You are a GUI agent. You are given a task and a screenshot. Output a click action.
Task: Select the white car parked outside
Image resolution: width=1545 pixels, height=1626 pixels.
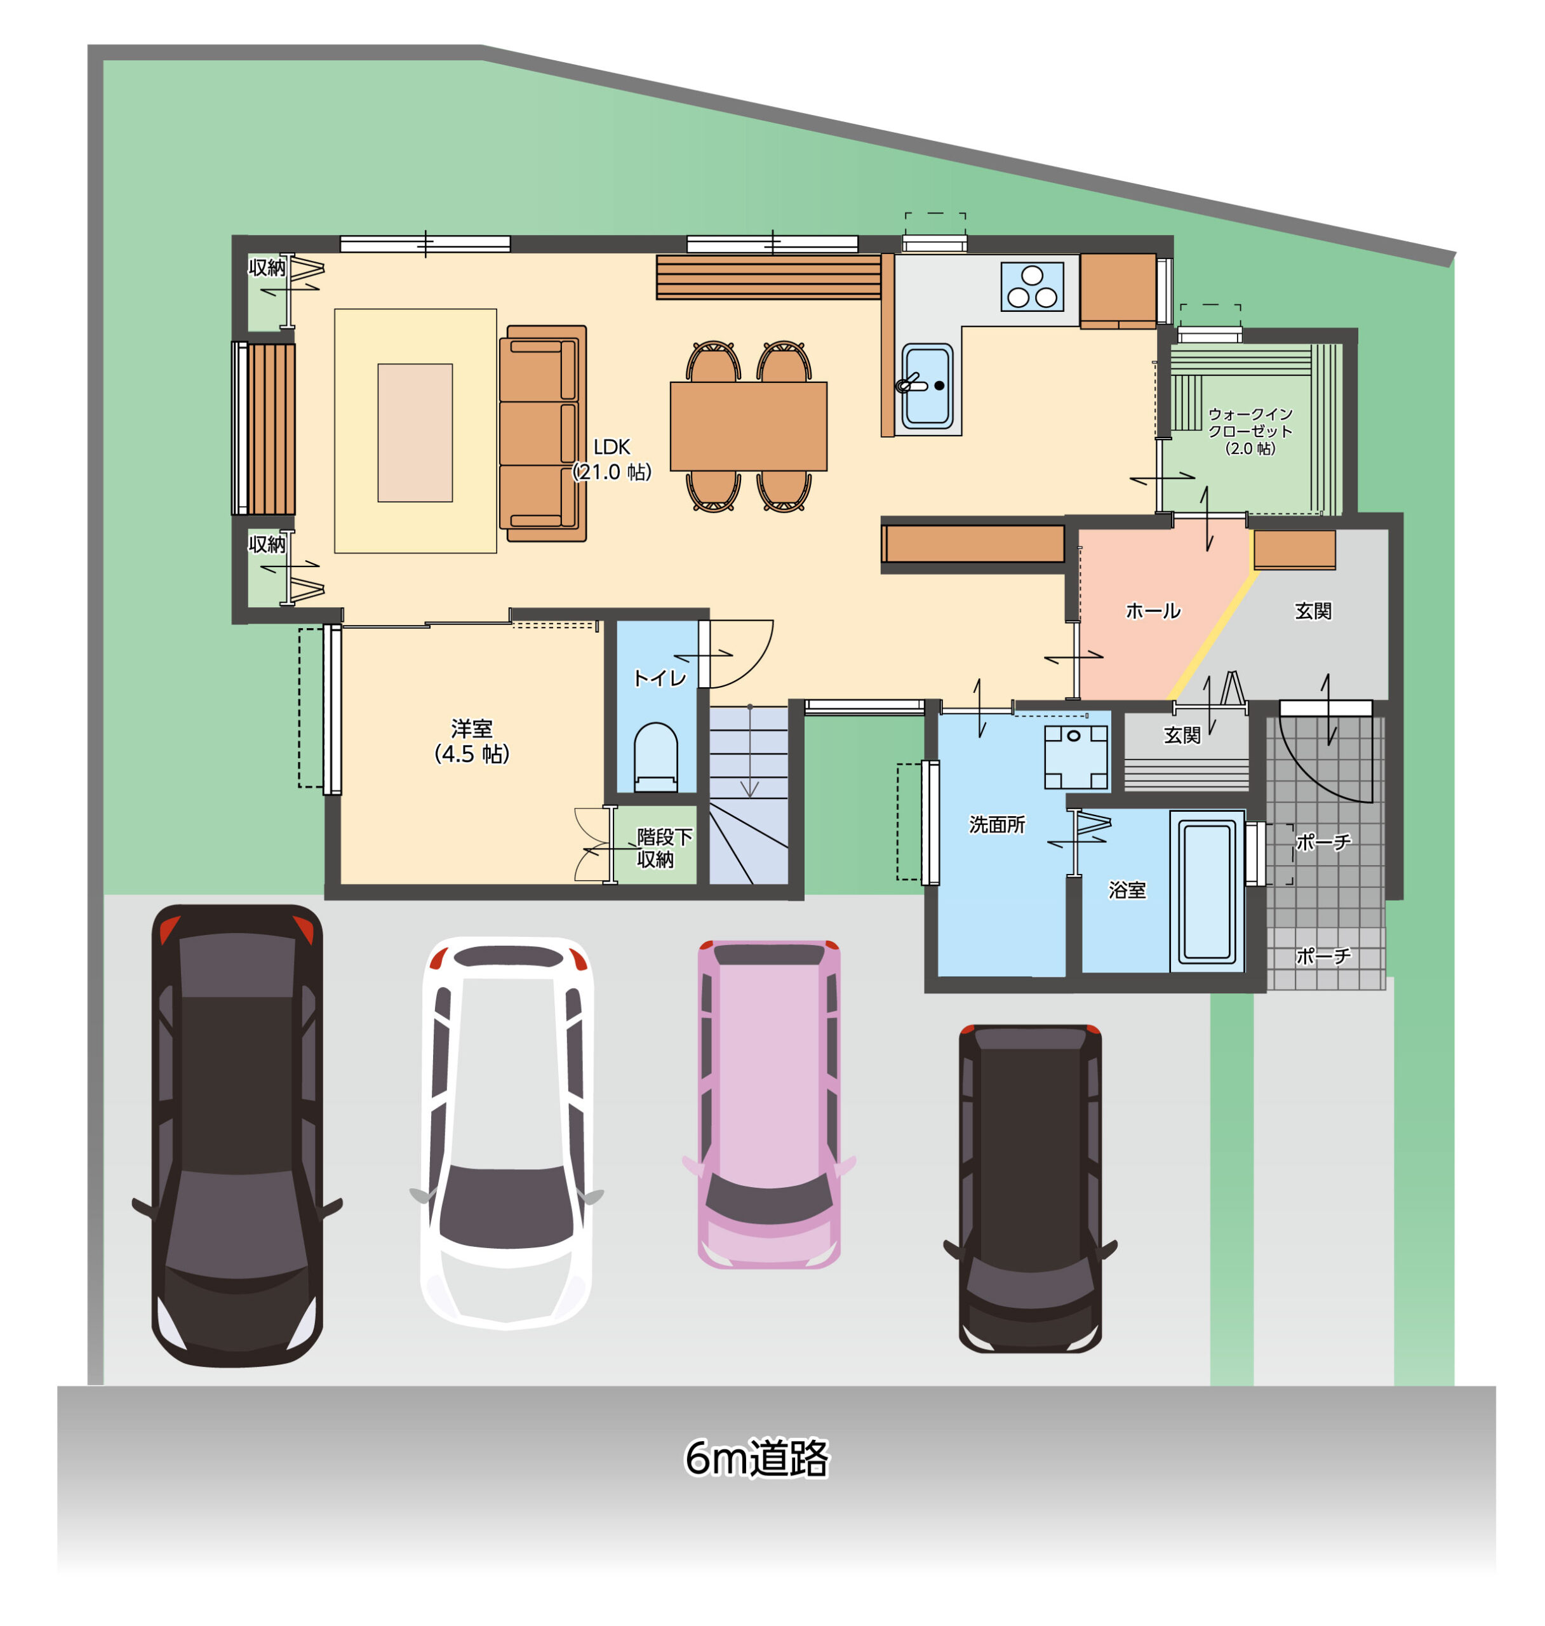click(x=507, y=1132)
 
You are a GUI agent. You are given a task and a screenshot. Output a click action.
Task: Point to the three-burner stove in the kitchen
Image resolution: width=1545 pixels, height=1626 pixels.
click(x=1032, y=286)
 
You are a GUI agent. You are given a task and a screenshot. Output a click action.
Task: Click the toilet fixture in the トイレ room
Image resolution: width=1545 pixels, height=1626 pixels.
click(x=655, y=757)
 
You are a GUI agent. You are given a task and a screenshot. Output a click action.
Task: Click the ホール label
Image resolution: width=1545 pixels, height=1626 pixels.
click(x=1153, y=610)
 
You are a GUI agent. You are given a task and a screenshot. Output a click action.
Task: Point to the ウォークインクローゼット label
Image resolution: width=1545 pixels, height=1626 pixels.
click(x=1250, y=431)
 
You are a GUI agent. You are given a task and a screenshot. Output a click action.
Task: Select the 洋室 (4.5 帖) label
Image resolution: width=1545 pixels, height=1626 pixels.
click(x=472, y=741)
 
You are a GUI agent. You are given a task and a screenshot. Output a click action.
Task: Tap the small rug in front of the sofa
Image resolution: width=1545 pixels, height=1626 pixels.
click(x=415, y=433)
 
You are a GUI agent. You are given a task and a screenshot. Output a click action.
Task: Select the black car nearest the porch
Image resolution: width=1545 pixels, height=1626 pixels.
click(x=1029, y=1188)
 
